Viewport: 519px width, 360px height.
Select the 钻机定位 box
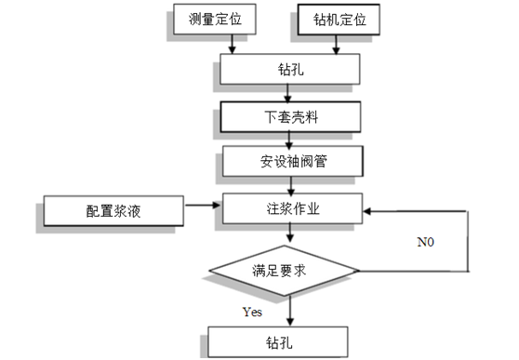337,19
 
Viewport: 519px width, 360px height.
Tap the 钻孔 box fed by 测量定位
288,70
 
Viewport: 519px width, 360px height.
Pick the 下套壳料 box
288,118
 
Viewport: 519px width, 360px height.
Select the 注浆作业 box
288,209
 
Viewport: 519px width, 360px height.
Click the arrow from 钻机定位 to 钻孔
344,43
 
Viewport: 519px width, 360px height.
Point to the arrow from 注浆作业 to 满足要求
290,235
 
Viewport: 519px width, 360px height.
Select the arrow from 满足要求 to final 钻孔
290,310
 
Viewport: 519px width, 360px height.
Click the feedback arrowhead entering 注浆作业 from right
366,210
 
